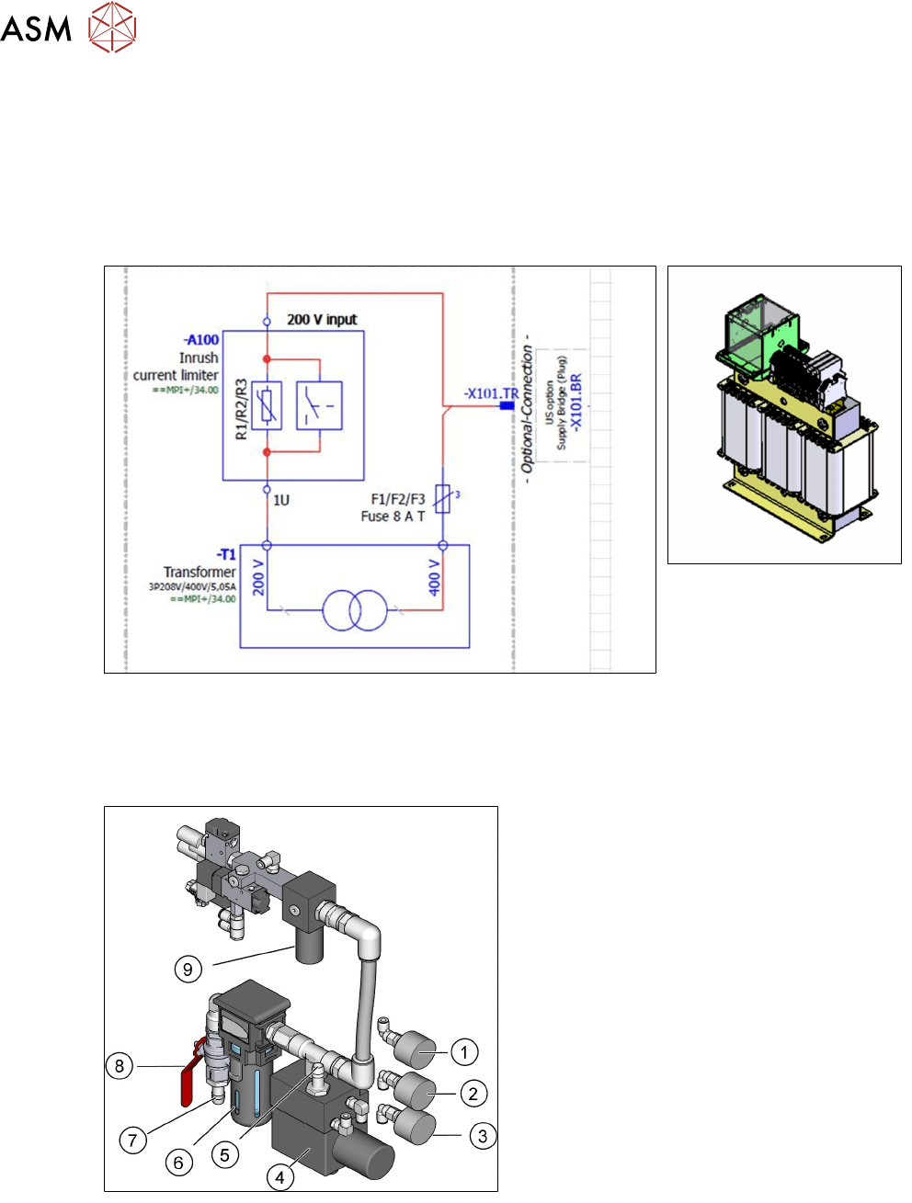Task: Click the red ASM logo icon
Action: click(112, 28)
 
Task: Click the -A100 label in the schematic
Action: click(202, 340)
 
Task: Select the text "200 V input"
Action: click(322, 320)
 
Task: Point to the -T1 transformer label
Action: click(226, 555)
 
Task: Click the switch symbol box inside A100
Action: click(319, 405)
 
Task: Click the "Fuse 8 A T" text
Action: click(393, 516)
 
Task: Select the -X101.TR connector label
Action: click(491, 394)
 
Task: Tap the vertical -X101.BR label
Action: click(576, 403)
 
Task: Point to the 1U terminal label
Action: click(281, 500)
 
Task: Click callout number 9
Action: click(188, 969)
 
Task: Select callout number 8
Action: click(120, 1066)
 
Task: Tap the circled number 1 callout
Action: click(465, 1051)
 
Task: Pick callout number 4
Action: click(279, 1176)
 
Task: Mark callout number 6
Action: click(178, 1163)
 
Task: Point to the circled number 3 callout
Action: click(483, 1136)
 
